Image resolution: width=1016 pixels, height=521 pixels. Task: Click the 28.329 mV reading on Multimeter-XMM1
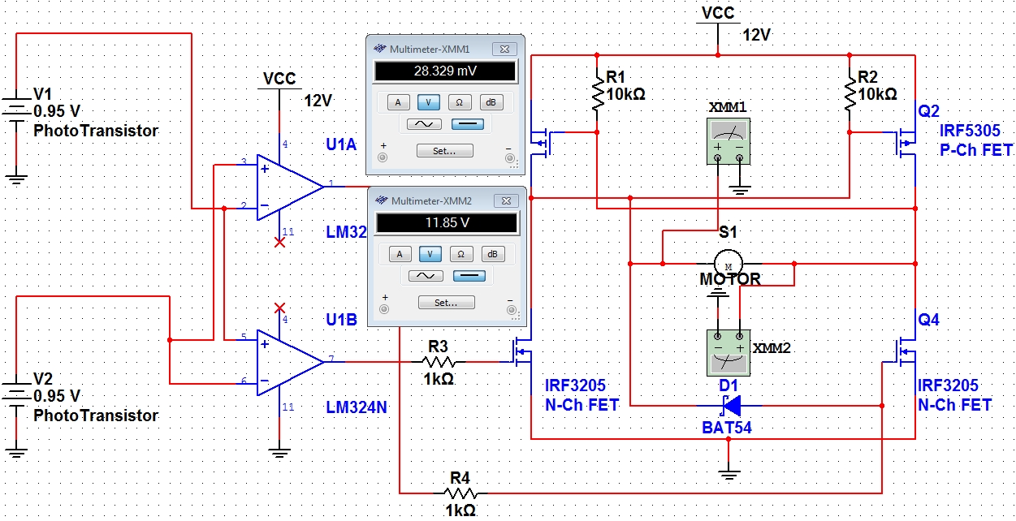[x=445, y=71]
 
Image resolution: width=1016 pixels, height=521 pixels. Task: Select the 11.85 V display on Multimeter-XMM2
[x=447, y=223]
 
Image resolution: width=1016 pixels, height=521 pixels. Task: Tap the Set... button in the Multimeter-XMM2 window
[x=447, y=302]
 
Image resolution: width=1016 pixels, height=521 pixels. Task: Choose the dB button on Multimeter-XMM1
[x=491, y=102]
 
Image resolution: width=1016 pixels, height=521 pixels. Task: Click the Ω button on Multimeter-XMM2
[x=460, y=254]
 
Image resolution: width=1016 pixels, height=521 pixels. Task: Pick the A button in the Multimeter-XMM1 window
[x=398, y=102]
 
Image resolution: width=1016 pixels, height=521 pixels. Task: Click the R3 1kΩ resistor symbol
[x=439, y=361]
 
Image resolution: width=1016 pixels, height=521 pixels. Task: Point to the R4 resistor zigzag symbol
[x=460, y=493]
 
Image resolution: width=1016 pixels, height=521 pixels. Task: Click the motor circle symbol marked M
[x=728, y=263]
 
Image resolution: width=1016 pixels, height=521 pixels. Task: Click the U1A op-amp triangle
[x=290, y=187]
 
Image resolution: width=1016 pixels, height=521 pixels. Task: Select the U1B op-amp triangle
[x=290, y=363]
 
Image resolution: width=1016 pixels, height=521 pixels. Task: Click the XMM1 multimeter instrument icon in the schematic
[x=728, y=141]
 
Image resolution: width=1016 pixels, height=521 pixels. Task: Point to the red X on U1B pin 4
[x=280, y=308]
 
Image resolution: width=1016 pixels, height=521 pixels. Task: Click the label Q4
[x=928, y=320]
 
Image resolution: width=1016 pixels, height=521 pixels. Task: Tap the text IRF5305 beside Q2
[x=969, y=131]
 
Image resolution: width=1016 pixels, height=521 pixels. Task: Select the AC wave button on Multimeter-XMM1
[x=424, y=123]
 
